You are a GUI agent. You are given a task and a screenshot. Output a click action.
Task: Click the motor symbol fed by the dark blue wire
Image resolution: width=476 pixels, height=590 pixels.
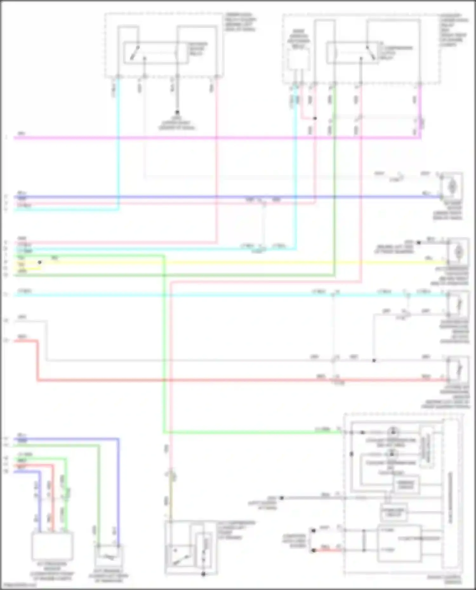point(451,187)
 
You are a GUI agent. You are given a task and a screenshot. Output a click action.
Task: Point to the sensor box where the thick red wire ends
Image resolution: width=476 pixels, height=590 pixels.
point(458,369)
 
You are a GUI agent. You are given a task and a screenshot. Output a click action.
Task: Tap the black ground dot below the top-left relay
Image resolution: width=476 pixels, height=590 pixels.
point(177,113)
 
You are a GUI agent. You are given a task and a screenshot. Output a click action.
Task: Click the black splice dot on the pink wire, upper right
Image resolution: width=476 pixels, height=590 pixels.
point(315,118)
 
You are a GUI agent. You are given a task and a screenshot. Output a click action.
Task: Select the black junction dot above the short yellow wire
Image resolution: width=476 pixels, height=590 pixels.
point(40,262)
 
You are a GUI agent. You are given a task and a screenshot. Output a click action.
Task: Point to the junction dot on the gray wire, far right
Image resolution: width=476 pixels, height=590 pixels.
point(374,360)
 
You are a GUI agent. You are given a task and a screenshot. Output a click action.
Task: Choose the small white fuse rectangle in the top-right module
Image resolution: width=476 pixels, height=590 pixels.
point(298,59)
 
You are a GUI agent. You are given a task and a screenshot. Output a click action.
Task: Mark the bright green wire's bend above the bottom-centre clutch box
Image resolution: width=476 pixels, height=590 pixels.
point(164,432)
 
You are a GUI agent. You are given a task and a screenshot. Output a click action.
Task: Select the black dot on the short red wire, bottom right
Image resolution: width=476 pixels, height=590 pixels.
point(313,550)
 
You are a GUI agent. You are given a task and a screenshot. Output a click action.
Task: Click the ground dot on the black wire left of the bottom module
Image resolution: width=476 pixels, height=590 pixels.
point(281,498)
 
